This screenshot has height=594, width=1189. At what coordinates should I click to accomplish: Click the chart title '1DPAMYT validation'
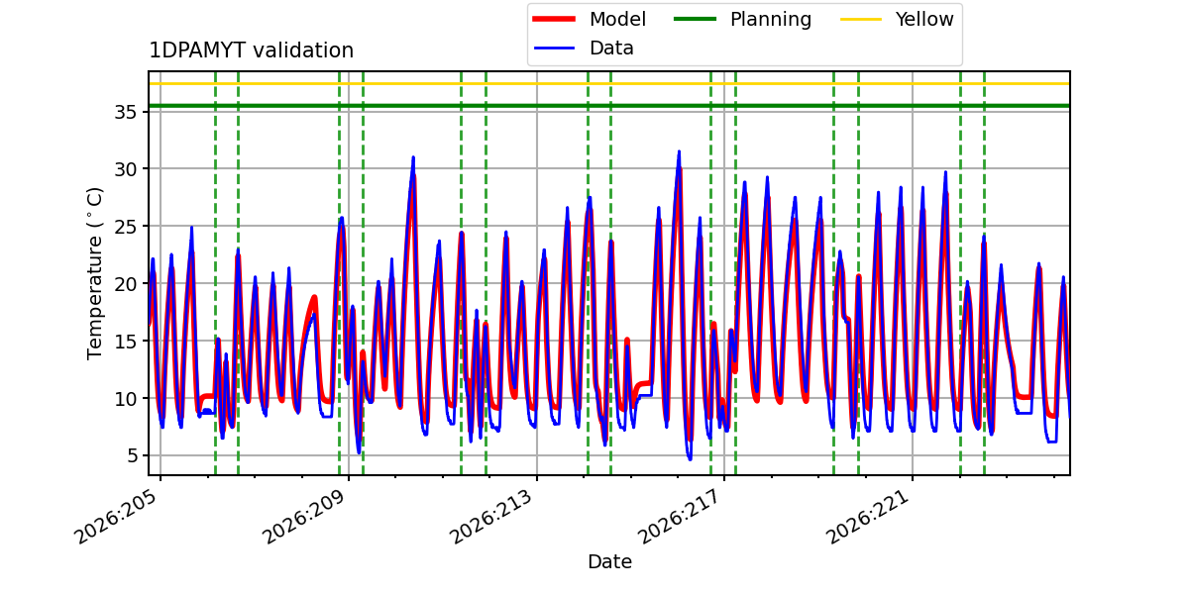tap(251, 50)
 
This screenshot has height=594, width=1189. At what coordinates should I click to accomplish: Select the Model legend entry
tap(590, 19)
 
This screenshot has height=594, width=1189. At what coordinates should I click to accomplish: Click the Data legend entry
tap(584, 49)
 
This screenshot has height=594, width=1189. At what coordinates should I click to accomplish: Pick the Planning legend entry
tap(742, 19)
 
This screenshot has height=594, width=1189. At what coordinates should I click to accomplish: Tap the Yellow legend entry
tap(897, 19)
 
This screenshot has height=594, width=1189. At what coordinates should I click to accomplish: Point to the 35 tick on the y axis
tap(126, 113)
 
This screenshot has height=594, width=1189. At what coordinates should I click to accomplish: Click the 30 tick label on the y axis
tap(126, 169)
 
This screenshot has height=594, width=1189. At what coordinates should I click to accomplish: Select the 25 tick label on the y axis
tap(126, 227)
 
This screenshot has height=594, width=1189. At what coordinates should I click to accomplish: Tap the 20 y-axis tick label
tap(126, 284)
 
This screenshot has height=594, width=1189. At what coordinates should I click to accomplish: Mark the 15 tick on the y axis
tap(126, 341)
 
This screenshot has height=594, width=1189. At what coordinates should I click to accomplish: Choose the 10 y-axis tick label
tap(126, 398)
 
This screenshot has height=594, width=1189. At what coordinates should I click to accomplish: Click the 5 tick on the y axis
tap(132, 455)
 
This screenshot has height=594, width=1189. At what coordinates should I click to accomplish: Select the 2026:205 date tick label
tap(117, 517)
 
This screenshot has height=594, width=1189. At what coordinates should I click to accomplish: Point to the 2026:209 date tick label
tap(305, 517)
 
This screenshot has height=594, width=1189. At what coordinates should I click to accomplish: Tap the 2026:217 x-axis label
tap(681, 517)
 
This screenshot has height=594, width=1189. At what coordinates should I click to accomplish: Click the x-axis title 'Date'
tap(610, 561)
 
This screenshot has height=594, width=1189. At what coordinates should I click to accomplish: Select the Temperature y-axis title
tap(94, 273)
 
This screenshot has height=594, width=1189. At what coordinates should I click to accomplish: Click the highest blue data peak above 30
tap(679, 151)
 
